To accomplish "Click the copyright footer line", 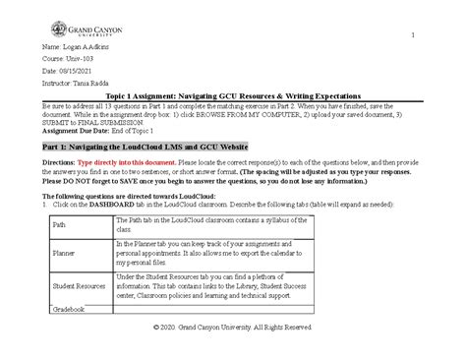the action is click(233, 326).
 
